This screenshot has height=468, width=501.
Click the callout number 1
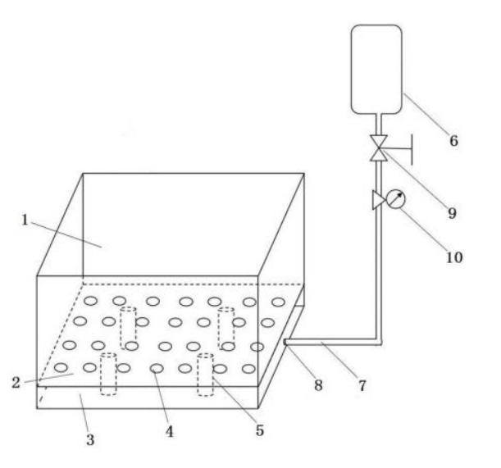click(25, 220)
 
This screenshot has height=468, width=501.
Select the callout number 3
click(91, 439)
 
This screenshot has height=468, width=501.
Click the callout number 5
click(259, 429)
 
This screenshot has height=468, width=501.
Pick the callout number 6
click(453, 140)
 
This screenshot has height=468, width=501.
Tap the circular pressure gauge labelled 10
click(395, 199)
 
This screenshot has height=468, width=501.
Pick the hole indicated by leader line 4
click(156, 369)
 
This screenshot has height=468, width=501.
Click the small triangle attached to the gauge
click(378, 200)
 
